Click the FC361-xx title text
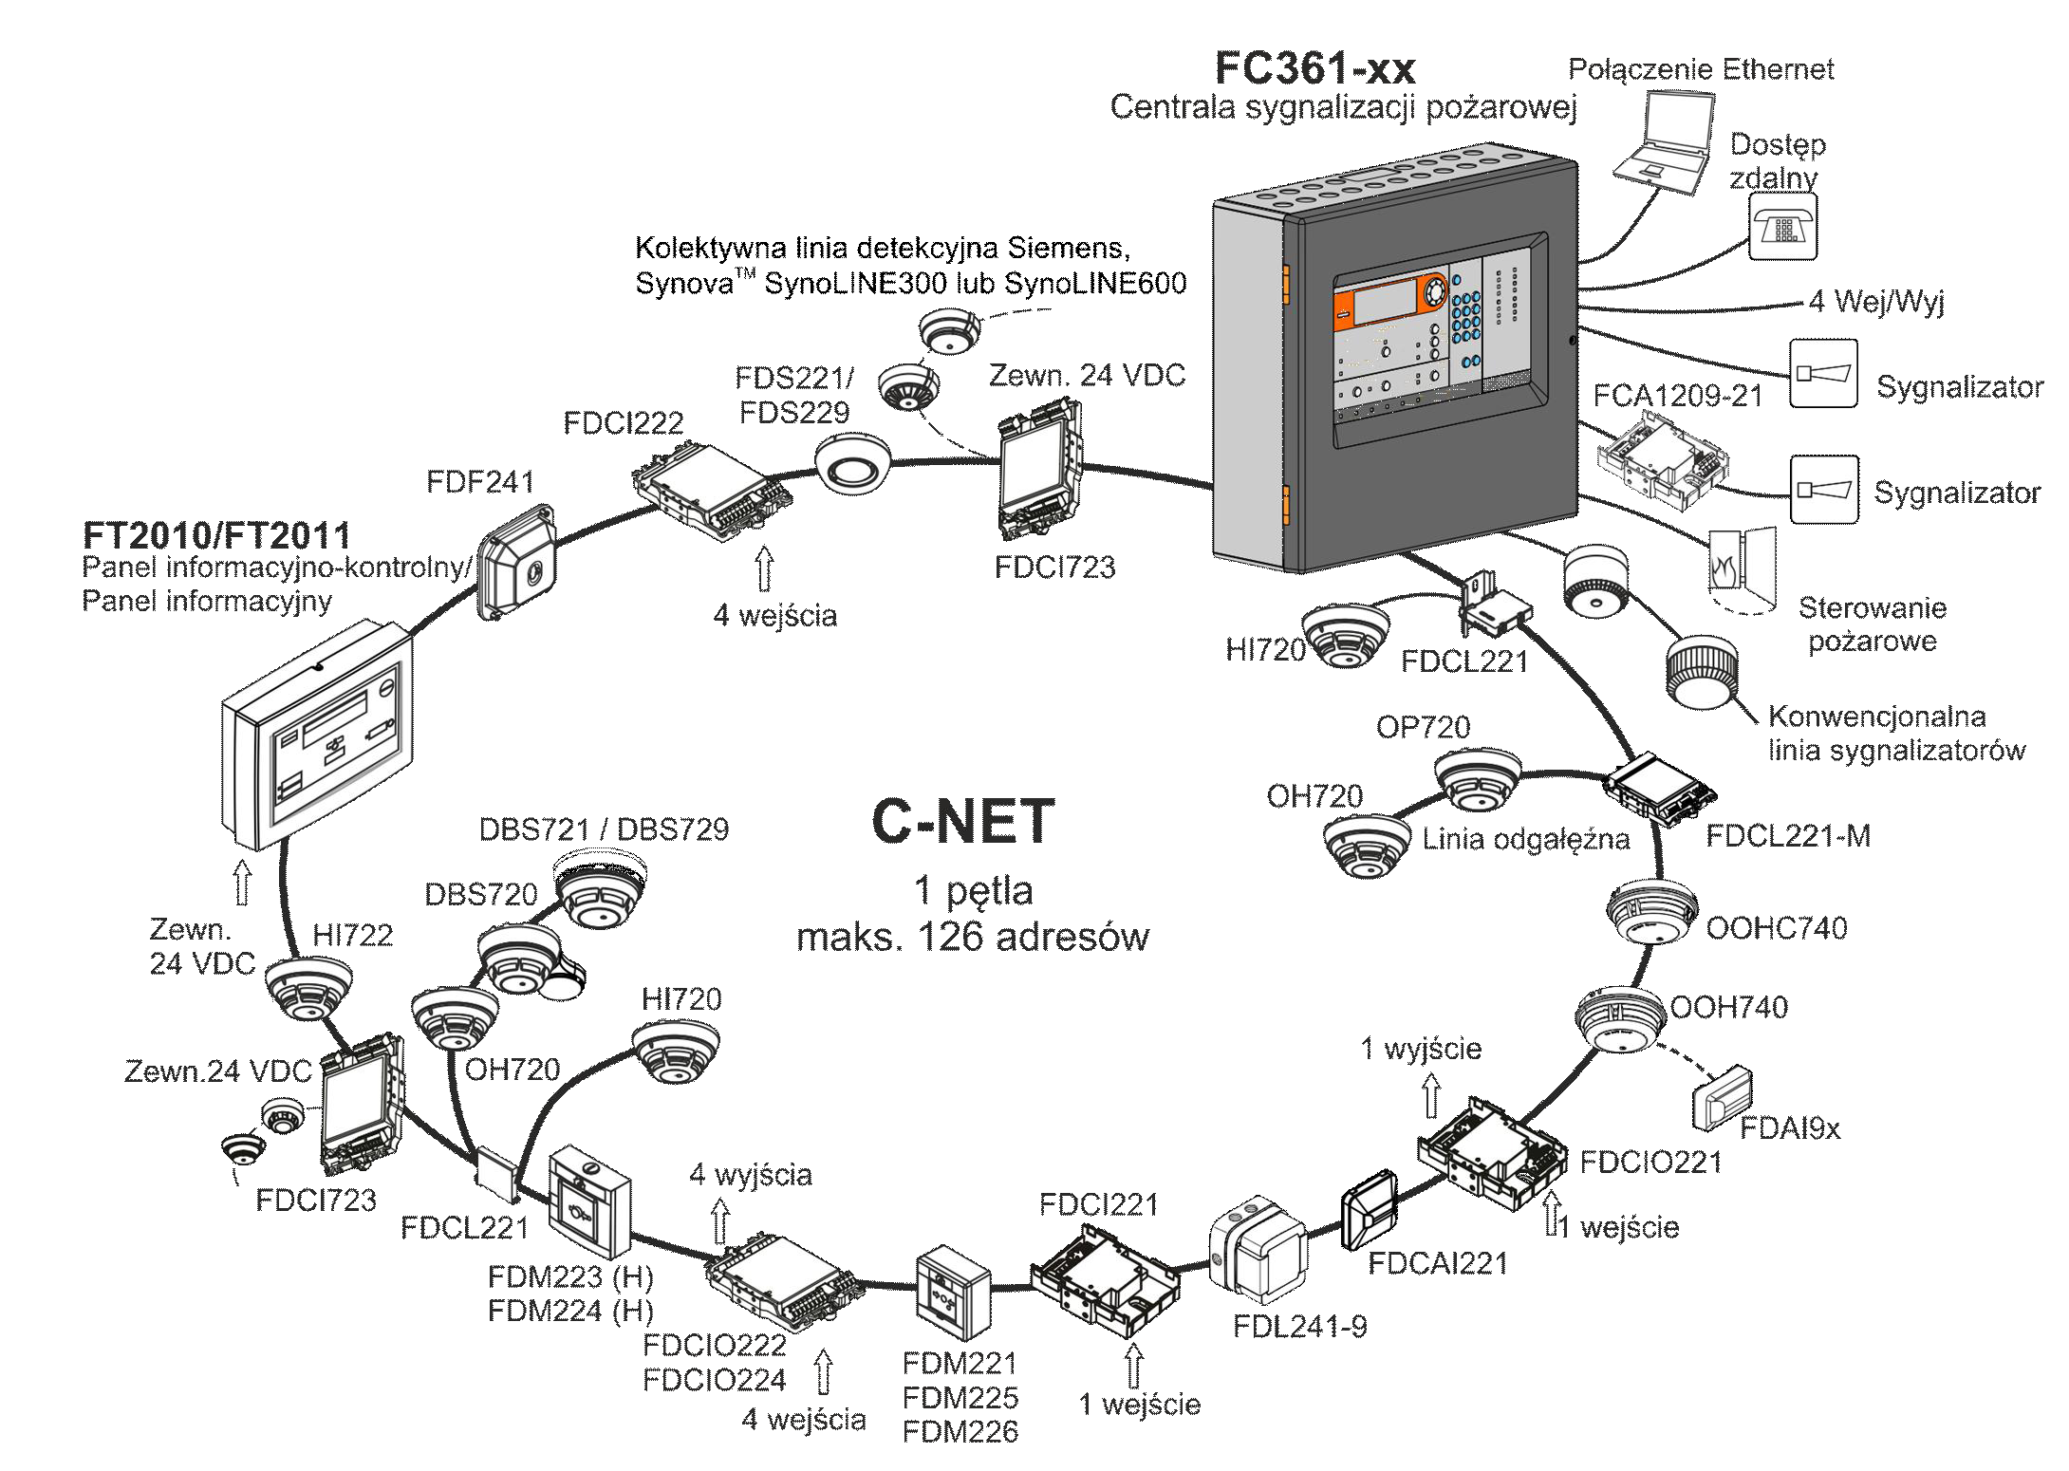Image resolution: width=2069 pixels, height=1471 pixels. click(x=1314, y=68)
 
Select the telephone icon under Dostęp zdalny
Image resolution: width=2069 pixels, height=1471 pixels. click(x=1783, y=228)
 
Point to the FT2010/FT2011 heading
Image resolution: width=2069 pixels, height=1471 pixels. click(x=216, y=535)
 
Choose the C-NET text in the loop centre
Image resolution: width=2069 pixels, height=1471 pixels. click(x=962, y=822)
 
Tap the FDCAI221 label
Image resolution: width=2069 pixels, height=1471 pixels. click(x=1437, y=1263)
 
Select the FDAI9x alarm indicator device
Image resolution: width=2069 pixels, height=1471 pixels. click(x=1722, y=1097)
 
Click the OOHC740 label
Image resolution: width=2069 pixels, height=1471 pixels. click(x=1776, y=927)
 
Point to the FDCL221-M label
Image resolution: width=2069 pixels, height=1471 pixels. click(x=1788, y=836)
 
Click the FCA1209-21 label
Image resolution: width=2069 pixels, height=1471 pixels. click(x=1677, y=396)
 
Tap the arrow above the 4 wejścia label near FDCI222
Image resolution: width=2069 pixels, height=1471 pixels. click(x=765, y=568)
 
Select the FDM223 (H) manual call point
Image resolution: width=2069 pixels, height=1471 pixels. click(x=589, y=1201)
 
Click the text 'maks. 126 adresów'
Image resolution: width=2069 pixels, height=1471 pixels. click(x=972, y=938)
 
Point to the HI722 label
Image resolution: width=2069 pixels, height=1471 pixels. click(x=352, y=936)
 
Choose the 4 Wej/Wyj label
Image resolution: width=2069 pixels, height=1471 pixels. click(x=1876, y=302)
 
